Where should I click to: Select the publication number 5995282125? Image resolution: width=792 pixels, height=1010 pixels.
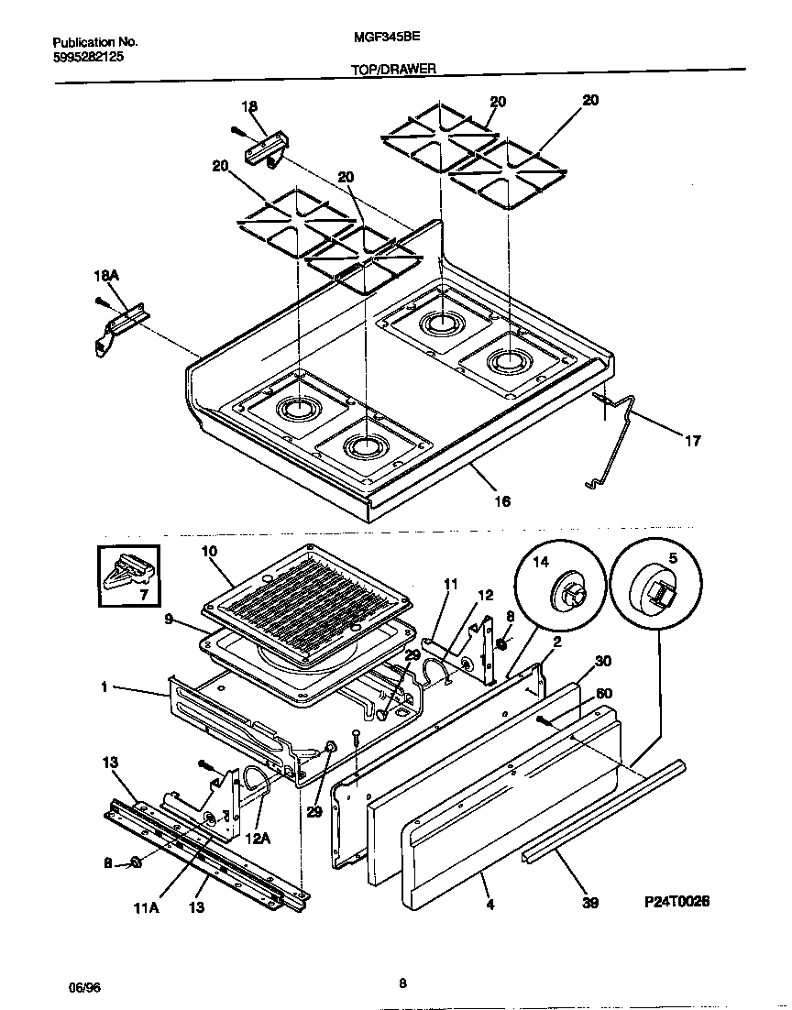point(88,56)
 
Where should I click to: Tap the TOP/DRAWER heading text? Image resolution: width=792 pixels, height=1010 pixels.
point(393,68)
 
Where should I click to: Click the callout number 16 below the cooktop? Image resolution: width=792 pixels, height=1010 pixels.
point(502,500)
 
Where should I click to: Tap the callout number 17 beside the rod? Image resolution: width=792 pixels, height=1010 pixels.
point(692,441)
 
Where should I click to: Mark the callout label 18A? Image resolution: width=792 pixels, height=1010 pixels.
point(107,275)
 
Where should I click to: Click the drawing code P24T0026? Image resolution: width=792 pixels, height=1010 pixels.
point(676,901)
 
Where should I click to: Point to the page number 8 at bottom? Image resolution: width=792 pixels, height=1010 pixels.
point(402,984)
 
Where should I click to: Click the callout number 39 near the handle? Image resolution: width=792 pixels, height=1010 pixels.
point(590,903)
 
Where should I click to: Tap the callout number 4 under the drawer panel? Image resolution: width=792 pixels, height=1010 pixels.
point(489,905)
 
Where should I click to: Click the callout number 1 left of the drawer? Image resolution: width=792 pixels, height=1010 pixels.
point(104,686)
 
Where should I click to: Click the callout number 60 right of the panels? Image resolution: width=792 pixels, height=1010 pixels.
point(604,693)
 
